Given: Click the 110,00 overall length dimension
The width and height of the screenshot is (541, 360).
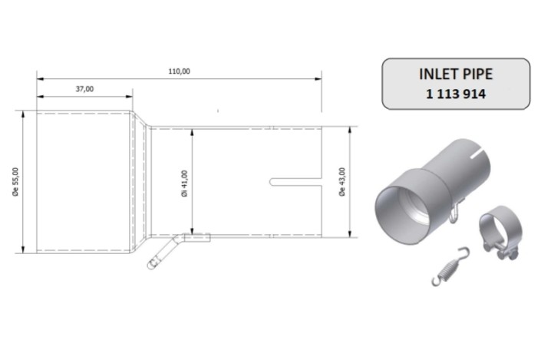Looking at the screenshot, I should pyautogui.click(x=179, y=71).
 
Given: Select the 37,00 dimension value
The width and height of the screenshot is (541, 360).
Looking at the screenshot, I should pyautogui.click(x=84, y=90).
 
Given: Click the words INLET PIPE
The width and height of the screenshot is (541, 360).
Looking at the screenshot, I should pyautogui.click(x=456, y=75).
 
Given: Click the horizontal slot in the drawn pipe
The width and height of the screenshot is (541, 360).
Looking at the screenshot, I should pyautogui.click(x=295, y=182).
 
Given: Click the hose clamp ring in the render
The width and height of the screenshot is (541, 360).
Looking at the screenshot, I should pyautogui.click(x=495, y=230).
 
